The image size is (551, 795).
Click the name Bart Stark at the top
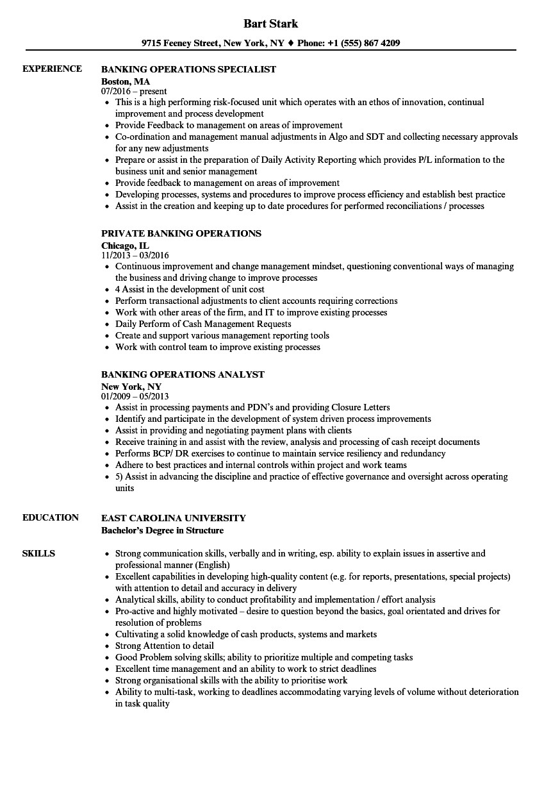270,24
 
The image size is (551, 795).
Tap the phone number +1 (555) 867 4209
363,44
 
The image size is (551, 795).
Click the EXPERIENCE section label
52,69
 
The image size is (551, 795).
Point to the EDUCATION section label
51,517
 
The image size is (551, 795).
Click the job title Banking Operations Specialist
188,69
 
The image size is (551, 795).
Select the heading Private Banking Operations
181,233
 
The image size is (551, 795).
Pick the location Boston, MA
126,81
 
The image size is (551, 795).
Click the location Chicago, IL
125,246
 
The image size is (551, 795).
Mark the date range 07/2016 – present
134,92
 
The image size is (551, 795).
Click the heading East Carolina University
173,518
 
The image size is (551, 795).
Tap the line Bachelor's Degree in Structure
163,530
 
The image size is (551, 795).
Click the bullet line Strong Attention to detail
165,646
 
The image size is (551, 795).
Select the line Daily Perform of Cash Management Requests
203,324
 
